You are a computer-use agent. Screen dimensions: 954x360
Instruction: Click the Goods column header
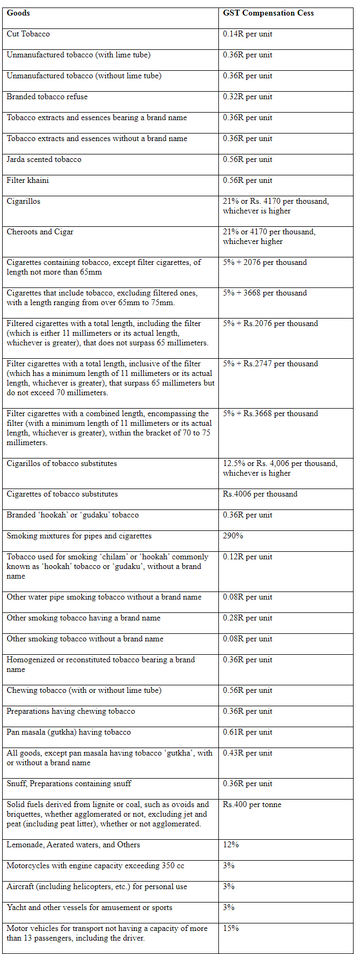(x=18, y=13)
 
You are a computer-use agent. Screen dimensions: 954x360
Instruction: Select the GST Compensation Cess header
(x=268, y=13)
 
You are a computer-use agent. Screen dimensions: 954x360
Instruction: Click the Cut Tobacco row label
(x=28, y=34)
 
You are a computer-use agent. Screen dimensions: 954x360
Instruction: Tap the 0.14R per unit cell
(x=247, y=34)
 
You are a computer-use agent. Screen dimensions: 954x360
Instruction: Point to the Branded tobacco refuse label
(x=47, y=97)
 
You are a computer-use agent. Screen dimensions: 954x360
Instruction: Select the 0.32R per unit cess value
(x=247, y=97)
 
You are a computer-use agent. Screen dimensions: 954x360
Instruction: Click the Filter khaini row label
(x=27, y=180)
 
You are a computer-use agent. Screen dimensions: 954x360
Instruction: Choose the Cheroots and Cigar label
(x=40, y=232)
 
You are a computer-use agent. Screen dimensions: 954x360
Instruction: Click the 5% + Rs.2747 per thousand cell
(x=270, y=364)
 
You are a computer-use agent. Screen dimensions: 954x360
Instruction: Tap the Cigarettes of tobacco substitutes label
(x=62, y=494)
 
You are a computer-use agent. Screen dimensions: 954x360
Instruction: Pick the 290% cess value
(x=233, y=536)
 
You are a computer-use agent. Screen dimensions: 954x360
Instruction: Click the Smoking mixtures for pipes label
(x=79, y=536)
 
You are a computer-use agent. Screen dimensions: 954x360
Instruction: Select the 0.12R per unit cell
(x=247, y=557)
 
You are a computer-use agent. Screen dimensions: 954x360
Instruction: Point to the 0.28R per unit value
(x=247, y=618)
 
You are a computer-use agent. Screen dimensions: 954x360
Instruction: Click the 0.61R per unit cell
(x=247, y=732)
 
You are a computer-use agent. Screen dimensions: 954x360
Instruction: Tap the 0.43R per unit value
(x=247, y=753)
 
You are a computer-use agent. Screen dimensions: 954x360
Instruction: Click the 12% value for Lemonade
(x=231, y=845)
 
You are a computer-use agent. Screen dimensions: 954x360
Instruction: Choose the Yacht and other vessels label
(x=89, y=907)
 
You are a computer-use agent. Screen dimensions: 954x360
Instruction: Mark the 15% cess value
(x=231, y=928)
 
